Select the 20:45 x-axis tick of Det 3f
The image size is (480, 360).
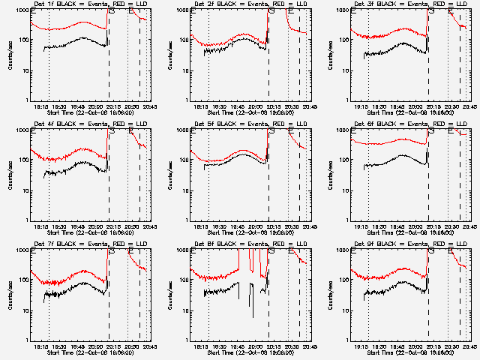[469, 106]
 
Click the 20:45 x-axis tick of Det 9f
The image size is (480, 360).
[469, 346]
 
